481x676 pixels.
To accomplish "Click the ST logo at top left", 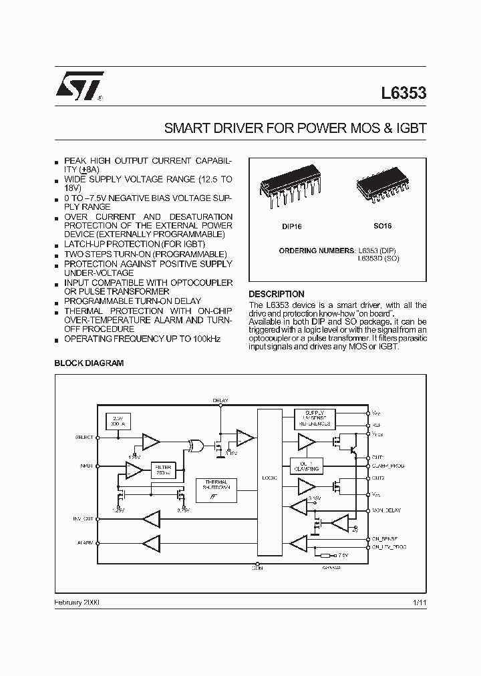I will pyautogui.click(x=79, y=86).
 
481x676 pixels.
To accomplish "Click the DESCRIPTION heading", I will pyautogui.click(x=276, y=295).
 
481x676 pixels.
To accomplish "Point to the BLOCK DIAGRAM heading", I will pyautogui.click(x=88, y=363).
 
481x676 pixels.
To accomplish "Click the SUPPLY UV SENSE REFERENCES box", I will pyautogui.click(x=314, y=419).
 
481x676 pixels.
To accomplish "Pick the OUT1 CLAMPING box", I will pyautogui.click(x=307, y=466).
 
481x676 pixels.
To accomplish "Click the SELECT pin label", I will pyautogui.click(x=85, y=438).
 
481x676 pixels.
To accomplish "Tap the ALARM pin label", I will pyautogui.click(x=85, y=542).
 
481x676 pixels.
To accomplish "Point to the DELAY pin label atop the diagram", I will pyautogui.click(x=220, y=401).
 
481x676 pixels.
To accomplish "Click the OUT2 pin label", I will pyautogui.click(x=378, y=478).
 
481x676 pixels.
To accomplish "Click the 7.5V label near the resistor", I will pyautogui.click(x=343, y=555).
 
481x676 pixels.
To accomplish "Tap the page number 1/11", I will pyautogui.click(x=420, y=603).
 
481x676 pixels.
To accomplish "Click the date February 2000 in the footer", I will pyautogui.click(x=76, y=603).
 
